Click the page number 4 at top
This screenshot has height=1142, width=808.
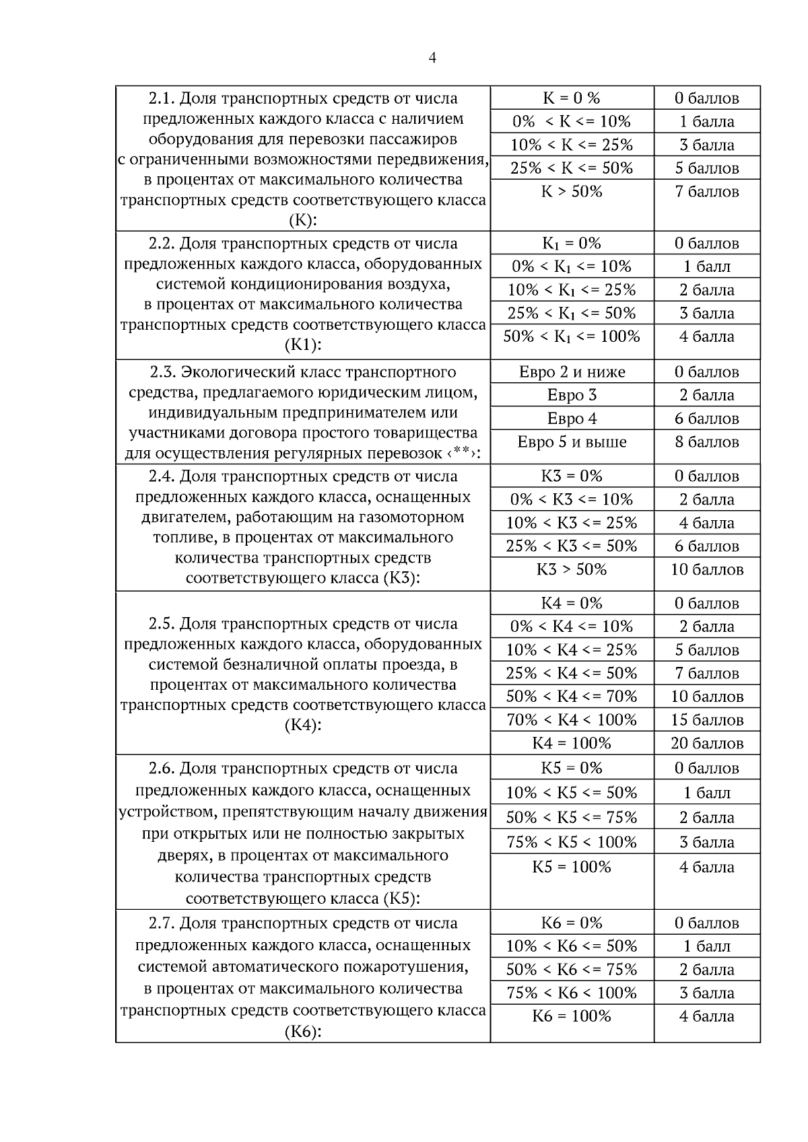(432, 59)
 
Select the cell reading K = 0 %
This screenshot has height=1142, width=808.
(571, 98)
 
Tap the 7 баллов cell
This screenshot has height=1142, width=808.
(706, 192)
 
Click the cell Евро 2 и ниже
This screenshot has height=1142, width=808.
(572, 372)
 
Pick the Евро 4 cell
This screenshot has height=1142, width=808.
(572, 419)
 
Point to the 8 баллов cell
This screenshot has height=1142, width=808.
(706, 442)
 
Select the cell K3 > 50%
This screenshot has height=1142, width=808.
(572, 569)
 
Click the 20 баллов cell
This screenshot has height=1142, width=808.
(706, 744)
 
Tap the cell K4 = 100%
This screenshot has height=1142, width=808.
(572, 744)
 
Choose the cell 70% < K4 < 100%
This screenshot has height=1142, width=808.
(572, 720)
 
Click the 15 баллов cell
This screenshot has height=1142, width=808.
(706, 720)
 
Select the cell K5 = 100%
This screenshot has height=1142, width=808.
(572, 867)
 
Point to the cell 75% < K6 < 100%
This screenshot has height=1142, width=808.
(572, 993)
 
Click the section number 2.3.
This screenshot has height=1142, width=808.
(162, 372)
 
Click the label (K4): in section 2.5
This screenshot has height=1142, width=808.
(302, 725)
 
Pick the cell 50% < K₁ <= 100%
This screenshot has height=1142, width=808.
(572, 336)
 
